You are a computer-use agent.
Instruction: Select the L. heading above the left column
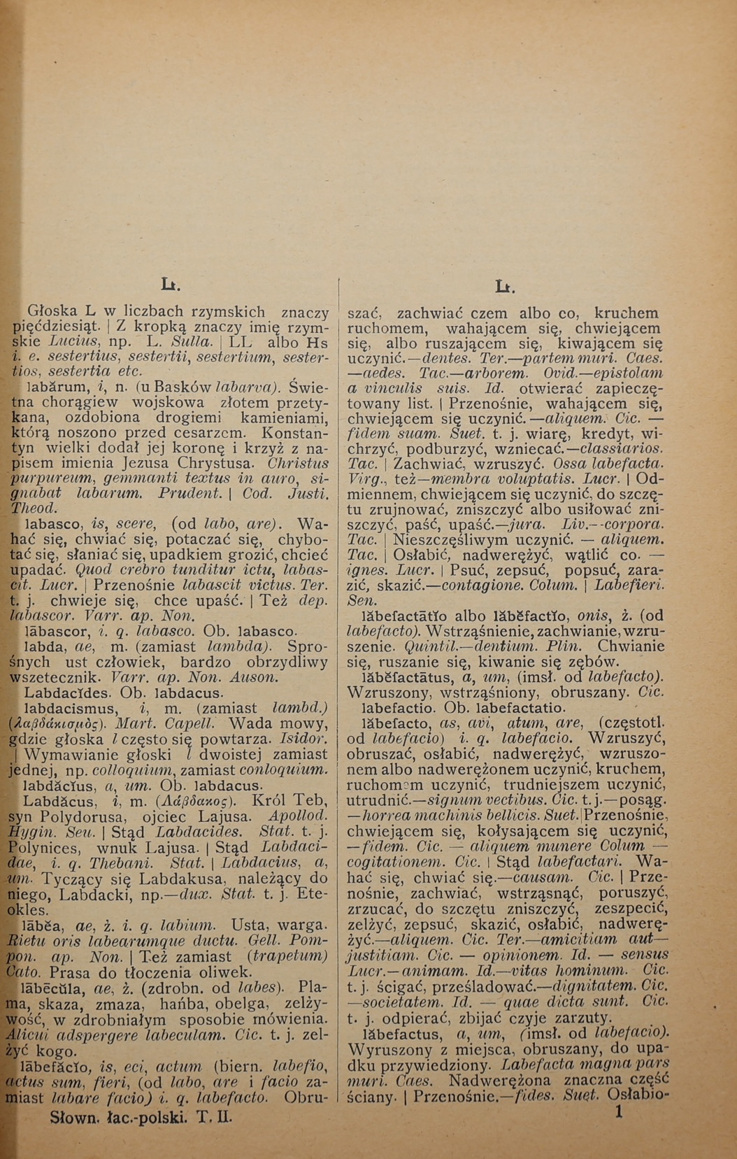(170, 285)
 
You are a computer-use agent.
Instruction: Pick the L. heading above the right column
(504, 287)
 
